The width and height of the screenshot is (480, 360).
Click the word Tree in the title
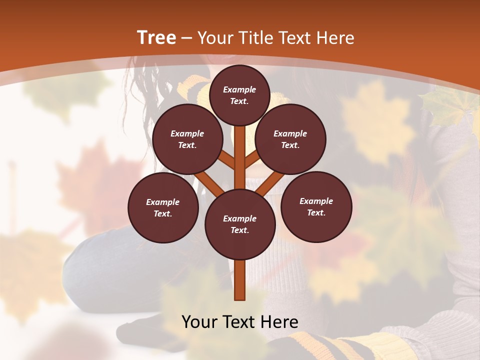pyautogui.click(x=156, y=37)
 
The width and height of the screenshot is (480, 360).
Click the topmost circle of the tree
pyautogui.click(x=239, y=95)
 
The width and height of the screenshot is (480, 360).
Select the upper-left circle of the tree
pyautogui.click(x=187, y=139)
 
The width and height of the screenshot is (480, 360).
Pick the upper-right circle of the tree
pyautogui.click(x=290, y=139)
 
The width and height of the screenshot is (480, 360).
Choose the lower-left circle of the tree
pyautogui.click(x=163, y=207)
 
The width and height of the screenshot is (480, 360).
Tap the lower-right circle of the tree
pyautogui.click(x=316, y=206)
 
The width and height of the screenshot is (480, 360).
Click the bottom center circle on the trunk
pyautogui.click(x=240, y=224)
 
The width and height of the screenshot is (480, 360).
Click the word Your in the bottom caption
pyautogui.click(x=199, y=321)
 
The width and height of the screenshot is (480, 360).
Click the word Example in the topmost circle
pyautogui.click(x=239, y=89)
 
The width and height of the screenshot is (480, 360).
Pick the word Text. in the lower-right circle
pyautogui.click(x=316, y=212)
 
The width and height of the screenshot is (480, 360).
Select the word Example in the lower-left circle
pyautogui.click(x=163, y=202)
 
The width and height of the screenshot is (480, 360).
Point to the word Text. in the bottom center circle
pyautogui.click(x=239, y=230)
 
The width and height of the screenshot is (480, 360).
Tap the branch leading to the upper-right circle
pyautogui.click(x=252, y=159)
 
